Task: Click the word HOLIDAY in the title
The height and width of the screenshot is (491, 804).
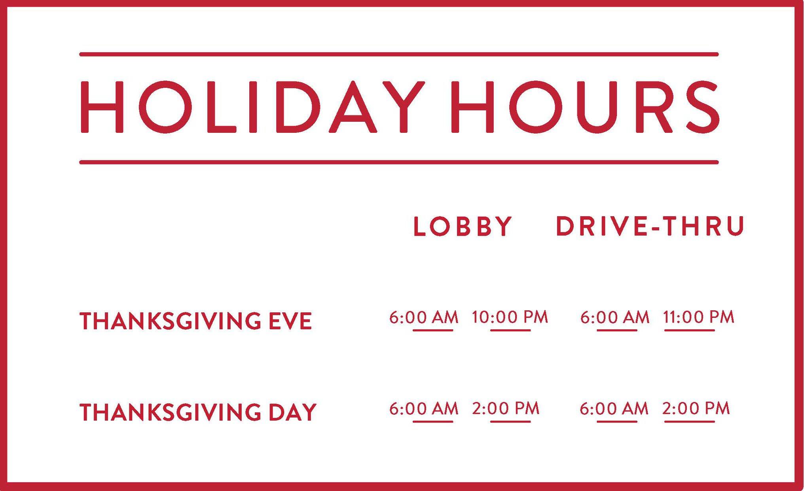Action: (x=252, y=107)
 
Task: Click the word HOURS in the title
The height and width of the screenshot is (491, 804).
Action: (x=585, y=107)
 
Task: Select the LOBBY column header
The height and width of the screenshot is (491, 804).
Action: (x=463, y=227)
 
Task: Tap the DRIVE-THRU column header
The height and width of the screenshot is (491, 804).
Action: (x=650, y=227)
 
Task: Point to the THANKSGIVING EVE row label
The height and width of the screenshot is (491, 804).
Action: (x=196, y=321)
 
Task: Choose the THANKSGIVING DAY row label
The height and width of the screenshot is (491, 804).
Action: (x=198, y=412)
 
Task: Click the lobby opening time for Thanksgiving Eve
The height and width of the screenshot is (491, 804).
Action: (x=424, y=317)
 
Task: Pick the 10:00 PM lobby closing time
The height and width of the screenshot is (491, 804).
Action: (x=510, y=317)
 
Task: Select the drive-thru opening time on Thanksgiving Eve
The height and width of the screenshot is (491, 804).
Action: (x=615, y=317)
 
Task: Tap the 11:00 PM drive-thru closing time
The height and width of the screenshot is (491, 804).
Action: (x=699, y=317)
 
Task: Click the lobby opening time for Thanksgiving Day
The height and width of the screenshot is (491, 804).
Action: (x=424, y=408)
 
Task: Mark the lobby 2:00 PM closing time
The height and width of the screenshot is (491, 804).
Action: (x=506, y=408)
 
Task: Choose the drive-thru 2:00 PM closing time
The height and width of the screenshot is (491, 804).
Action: (x=696, y=408)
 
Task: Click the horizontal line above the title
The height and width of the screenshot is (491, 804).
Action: (x=399, y=54)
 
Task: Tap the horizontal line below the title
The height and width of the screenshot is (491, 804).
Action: (x=399, y=162)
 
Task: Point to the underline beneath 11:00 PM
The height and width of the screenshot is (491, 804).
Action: (x=690, y=330)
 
